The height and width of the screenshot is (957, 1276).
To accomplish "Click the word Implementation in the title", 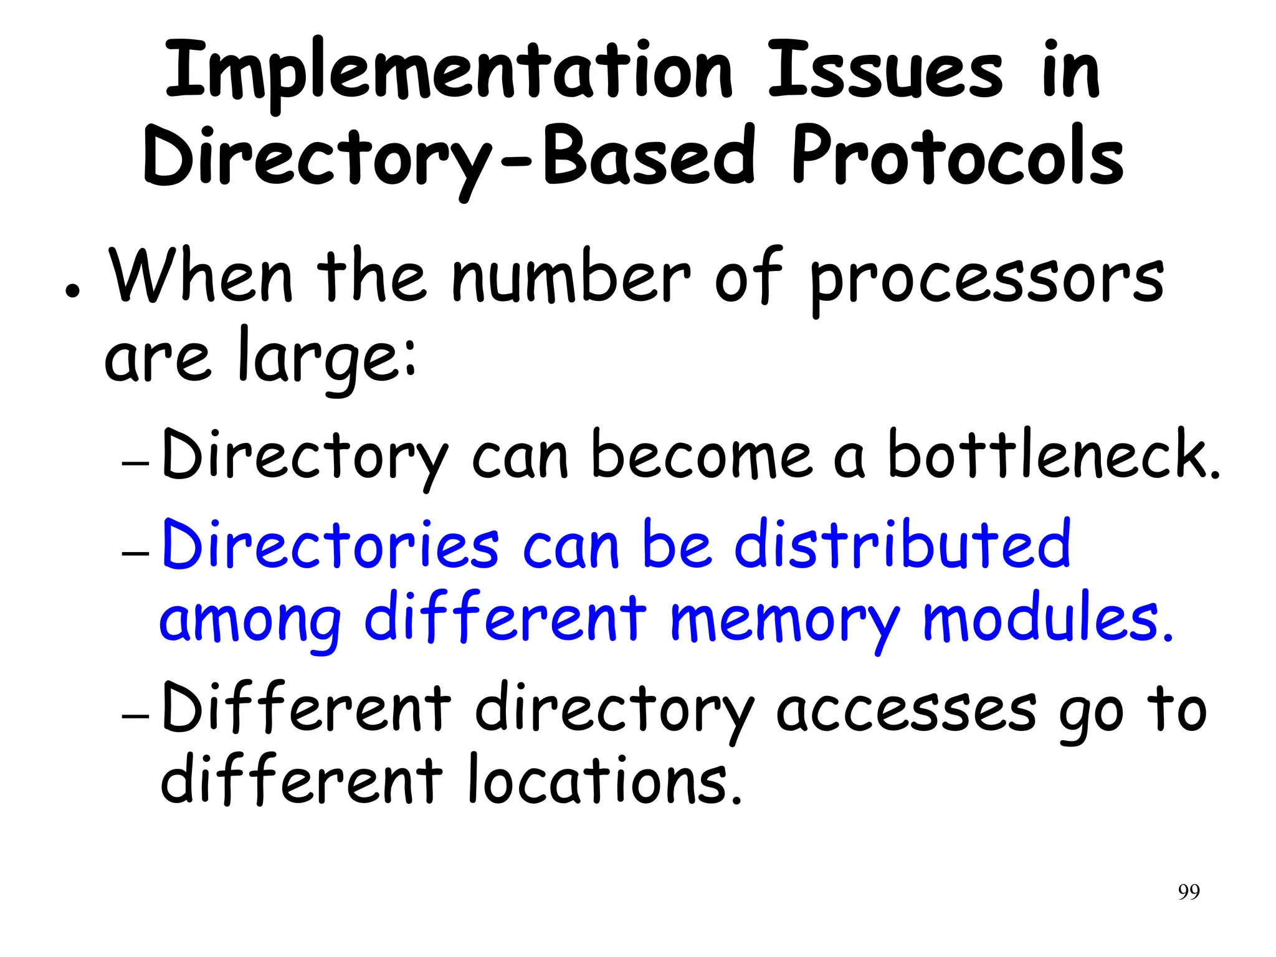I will coord(449,72).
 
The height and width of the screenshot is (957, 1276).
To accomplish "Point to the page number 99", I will coord(1189,892).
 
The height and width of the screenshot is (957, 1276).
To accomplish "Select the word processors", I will coord(986,280).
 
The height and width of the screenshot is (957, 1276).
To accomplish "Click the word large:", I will coord(327,358).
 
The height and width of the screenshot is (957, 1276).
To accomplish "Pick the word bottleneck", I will coord(1053,456).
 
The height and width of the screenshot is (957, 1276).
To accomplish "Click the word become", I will coord(702,456).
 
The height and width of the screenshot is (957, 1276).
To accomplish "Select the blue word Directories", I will coord(330,545).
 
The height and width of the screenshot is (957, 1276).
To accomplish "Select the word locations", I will coord(604,782).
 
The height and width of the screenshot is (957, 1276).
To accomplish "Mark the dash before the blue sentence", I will coord(136,553).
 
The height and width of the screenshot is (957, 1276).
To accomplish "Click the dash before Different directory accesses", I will coord(136,715).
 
